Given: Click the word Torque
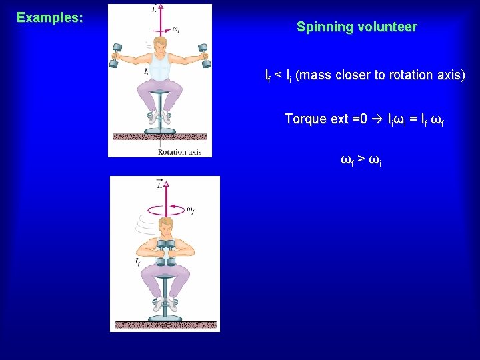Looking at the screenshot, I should (305, 119).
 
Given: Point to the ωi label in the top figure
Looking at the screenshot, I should (175, 29).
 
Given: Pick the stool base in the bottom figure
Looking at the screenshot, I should (165, 318).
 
